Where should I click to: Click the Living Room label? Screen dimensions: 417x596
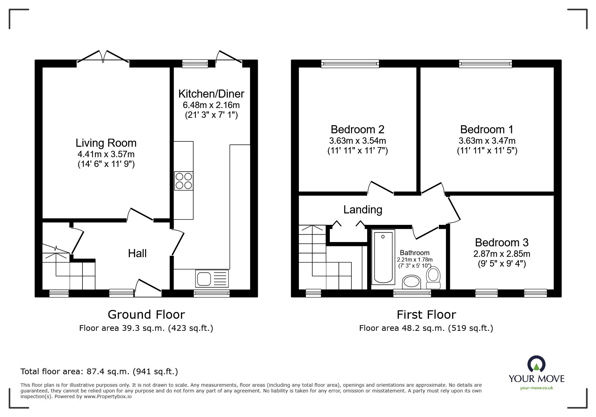pyautogui.click(x=106, y=143)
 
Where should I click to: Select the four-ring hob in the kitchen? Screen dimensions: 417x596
pyautogui.click(x=184, y=181)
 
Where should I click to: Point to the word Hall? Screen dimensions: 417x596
pyautogui.click(x=137, y=253)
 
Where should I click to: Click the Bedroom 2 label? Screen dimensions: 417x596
pyautogui.click(x=357, y=130)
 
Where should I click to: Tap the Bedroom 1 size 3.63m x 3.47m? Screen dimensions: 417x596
pyautogui.click(x=487, y=141)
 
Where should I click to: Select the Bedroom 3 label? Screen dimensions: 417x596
pyautogui.click(x=501, y=242)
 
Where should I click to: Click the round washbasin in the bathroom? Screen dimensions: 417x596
pyautogui.click(x=412, y=282)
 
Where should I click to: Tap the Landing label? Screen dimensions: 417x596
pyautogui.click(x=363, y=210)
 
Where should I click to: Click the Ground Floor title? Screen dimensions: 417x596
pyautogui.click(x=146, y=315)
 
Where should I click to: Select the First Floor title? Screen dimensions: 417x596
pyautogui.click(x=426, y=315)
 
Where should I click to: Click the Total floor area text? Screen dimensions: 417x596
pyautogui.click(x=99, y=372)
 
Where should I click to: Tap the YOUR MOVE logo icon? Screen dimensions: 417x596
pyautogui.click(x=536, y=365)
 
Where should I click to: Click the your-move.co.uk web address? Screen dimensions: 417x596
pyautogui.click(x=536, y=388)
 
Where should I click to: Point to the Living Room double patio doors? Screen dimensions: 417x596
pyautogui.click(x=103, y=57)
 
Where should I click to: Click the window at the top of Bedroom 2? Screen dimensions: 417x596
pyautogui.click(x=350, y=64)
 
